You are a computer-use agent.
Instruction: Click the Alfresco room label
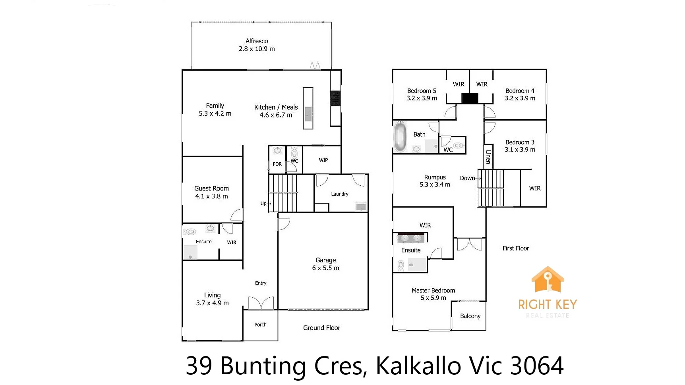(257, 41)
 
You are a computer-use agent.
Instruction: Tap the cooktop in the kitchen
(335, 98)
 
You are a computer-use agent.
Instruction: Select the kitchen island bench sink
(308, 114)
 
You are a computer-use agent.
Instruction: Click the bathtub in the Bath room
(400, 137)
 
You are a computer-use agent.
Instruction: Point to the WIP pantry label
(323, 160)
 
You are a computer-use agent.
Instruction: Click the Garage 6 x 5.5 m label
(325, 264)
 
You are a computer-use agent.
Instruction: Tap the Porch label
(260, 325)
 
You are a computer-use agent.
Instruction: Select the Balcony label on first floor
(470, 316)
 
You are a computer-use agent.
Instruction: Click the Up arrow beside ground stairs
(265, 204)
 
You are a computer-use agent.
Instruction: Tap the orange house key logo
(548, 279)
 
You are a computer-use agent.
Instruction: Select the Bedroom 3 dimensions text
(520, 150)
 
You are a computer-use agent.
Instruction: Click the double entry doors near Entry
(261, 303)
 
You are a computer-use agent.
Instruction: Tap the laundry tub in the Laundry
(361, 206)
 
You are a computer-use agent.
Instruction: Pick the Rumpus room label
(435, 177)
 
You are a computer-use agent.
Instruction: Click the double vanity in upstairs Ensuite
(411, 238)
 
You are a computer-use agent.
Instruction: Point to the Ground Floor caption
(321, 328)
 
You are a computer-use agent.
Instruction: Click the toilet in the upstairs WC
(459, 146)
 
